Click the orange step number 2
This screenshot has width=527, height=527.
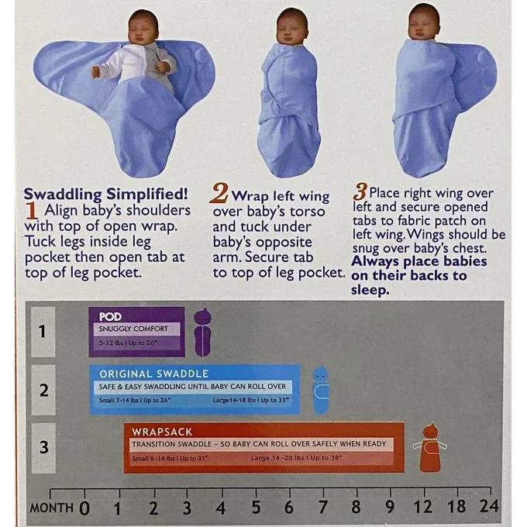coord(219,193)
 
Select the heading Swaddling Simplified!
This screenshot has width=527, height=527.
coord(105,195)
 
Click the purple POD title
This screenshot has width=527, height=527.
coord(110,317)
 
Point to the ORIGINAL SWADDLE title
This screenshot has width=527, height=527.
coord(153,374)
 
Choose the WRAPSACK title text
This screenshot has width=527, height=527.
coord(162,432)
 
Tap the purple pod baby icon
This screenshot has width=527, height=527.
coord(203,332)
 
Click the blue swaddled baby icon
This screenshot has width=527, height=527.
coord(321,390)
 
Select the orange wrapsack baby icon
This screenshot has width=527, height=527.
coord(429,448)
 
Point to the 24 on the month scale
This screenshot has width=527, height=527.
coord(489,505)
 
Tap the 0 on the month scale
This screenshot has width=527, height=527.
coord(84,508)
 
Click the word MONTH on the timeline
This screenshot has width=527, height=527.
coord(51,508)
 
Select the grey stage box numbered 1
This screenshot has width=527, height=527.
coord(43,332)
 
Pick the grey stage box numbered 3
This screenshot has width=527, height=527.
coord(43,448)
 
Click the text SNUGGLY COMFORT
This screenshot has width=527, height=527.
coord(133,329)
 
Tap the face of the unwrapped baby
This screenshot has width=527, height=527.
coord(142,33)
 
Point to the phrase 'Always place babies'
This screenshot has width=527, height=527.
coord(419,261)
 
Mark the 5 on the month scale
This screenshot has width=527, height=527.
coord(256,507)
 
